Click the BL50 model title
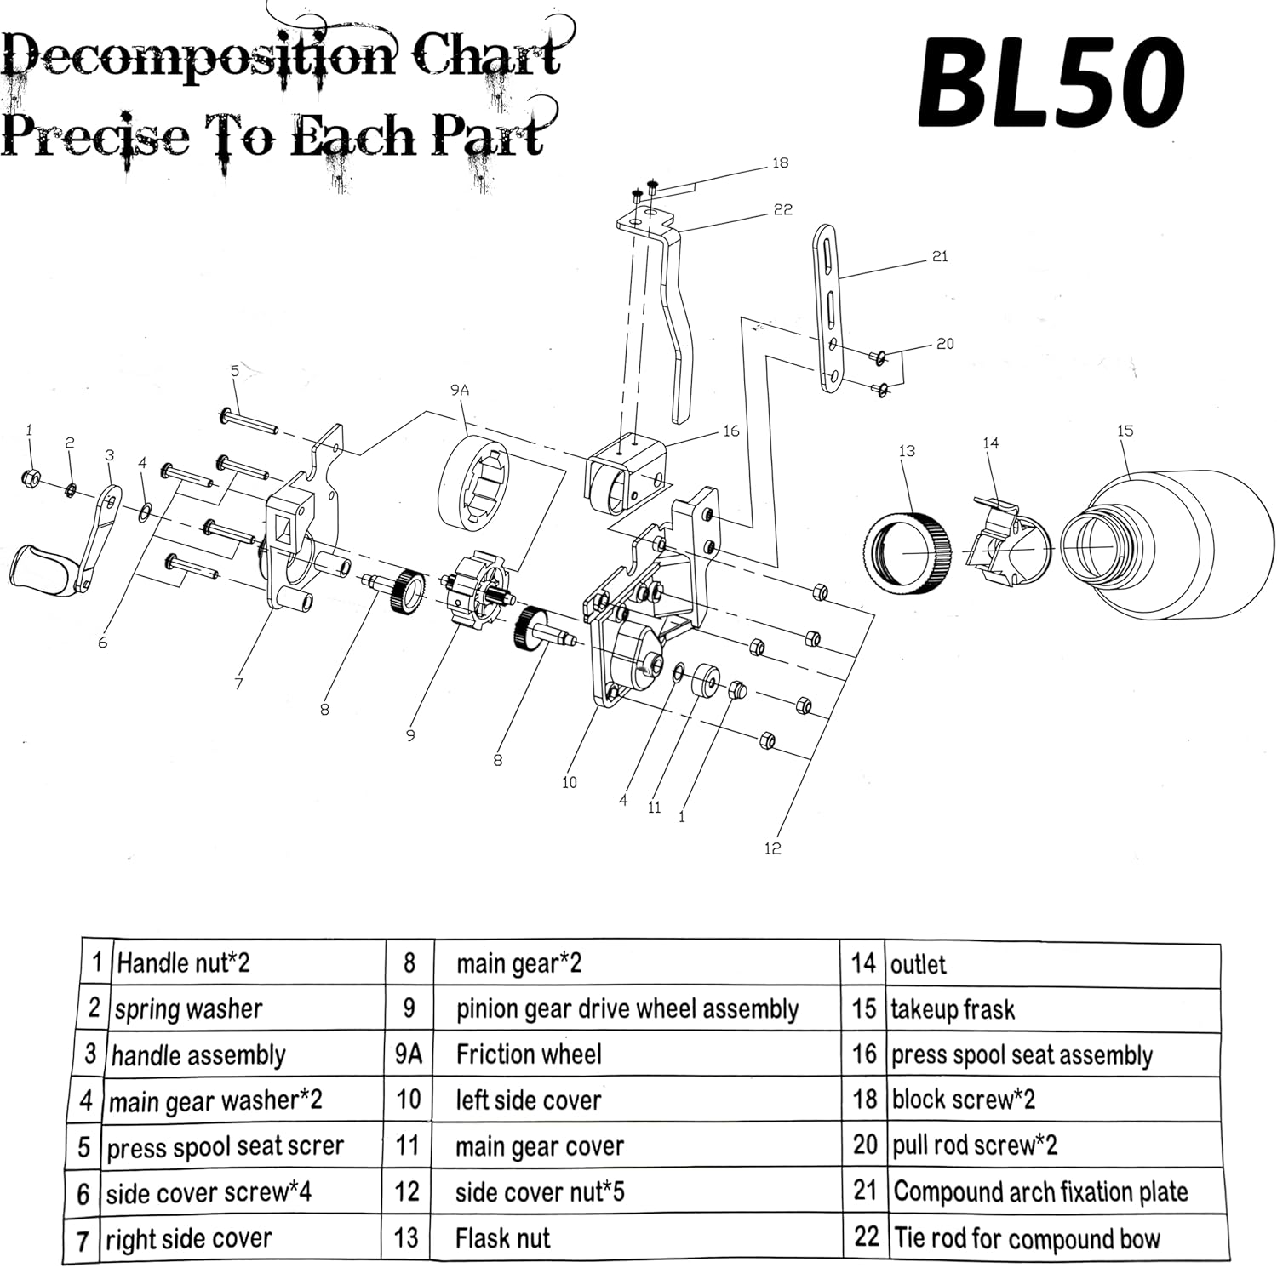pyautogui.click(x=1051, y=83)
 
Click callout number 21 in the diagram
pyautogui.click(x=939, y=256)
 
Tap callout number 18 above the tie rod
pyautogui.click(x=780, y=163)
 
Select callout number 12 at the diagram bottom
pyautogui.click(x=772, y=848)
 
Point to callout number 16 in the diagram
pyautogui.click(x=730, y=431)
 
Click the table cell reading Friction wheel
pyautogui.click(x=529, y=1054)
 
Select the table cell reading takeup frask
pyautogui.click(x=953, y=1009)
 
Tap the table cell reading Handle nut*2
pyautogui.click(x=183, y=962)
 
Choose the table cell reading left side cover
pyautogui.click(x=528, y=1100)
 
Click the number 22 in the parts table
pyautogui.click(x=866, y=1237)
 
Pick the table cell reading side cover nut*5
pyautogui.click(x=540, y=1191)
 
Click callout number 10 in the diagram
pyautogui.click(x=569, y=782)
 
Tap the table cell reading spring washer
pyautogui.click(x=188, y=1008)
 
